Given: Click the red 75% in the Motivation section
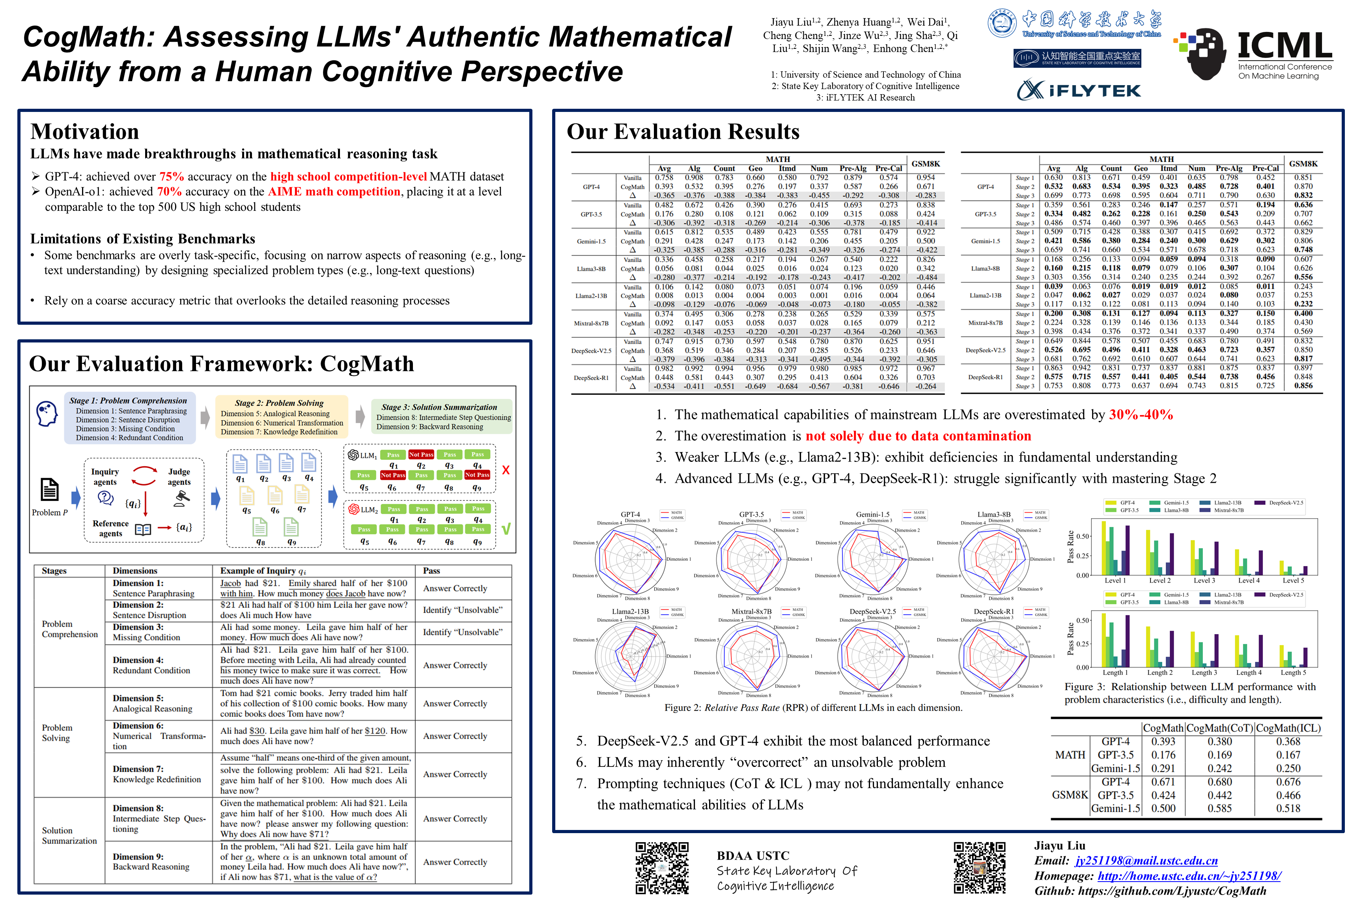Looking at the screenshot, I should (172, 177).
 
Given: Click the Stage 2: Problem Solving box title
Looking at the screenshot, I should (279, 403).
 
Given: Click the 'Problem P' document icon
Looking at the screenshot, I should (49, 490).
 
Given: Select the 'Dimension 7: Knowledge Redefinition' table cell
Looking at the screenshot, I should (157, 774).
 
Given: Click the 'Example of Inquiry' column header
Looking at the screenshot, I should (263, 571).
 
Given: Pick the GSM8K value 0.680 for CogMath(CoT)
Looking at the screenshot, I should (1219, 782).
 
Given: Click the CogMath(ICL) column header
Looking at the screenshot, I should (1288, 728).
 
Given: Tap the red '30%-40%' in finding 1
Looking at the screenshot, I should (1141, 415).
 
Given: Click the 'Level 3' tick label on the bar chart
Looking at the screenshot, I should (1204, 580).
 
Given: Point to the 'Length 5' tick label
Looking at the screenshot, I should (1293, 673).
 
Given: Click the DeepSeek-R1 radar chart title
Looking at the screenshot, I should (993, 612).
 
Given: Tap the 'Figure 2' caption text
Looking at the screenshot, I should (813, 708).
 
